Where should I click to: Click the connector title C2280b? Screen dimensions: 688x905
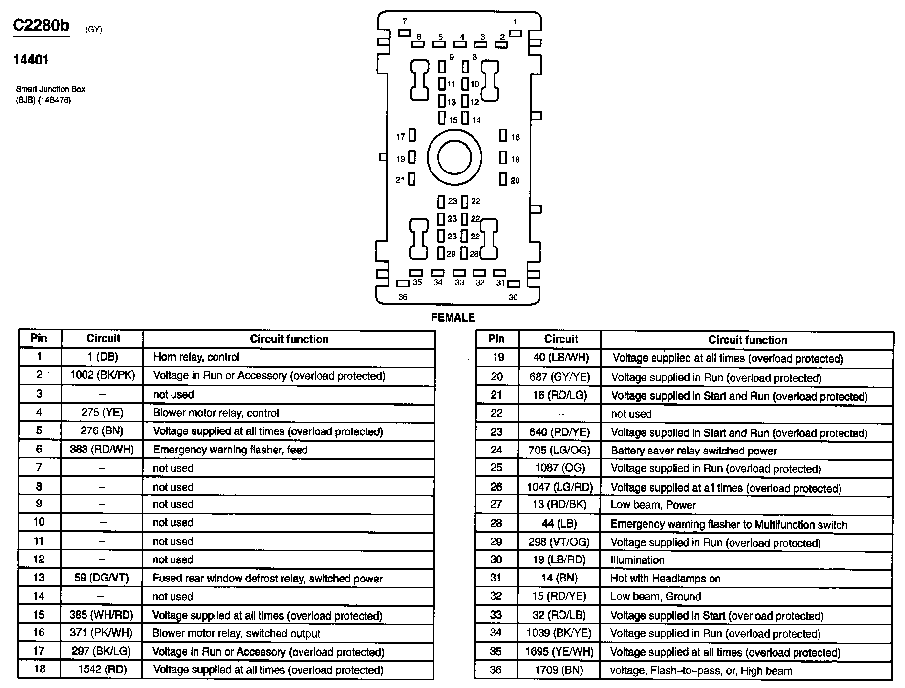(41, 25)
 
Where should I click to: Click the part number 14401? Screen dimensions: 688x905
(31, 60)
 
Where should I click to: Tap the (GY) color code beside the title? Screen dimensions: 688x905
(94, 29)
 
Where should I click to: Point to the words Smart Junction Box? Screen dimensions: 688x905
(50, 89)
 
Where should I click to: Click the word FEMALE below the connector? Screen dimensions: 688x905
(453, 318)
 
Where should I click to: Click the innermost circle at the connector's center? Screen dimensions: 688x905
(454, 157)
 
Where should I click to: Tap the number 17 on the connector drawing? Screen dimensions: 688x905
(401, 137)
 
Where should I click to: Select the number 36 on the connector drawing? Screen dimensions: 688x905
(403, 297)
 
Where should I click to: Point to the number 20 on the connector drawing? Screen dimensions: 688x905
(515, 181)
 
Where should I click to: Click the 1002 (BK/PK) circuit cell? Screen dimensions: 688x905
(103, 375)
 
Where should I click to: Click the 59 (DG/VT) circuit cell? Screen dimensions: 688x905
(102, 578)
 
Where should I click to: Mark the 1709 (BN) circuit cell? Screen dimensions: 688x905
(559, 670)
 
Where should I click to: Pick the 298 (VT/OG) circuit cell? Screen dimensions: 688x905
(559, 542)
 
